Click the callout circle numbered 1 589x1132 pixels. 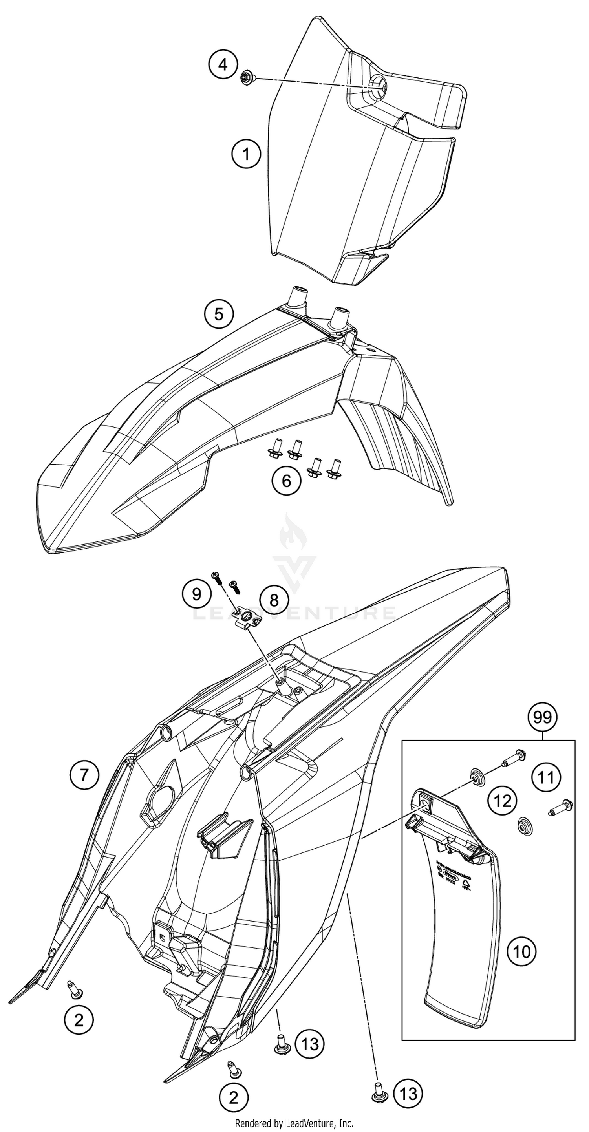[246, 154]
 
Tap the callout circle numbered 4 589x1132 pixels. [223, 65]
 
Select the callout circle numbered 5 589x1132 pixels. [219, 314]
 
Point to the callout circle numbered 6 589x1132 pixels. [286, 481]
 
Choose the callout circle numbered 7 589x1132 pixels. [84, 774]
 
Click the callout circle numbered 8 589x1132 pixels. [274, 600]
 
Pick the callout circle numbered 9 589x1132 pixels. [196, 594]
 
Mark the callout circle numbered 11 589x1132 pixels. [546, 777]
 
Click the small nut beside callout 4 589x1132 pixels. [246, 79]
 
